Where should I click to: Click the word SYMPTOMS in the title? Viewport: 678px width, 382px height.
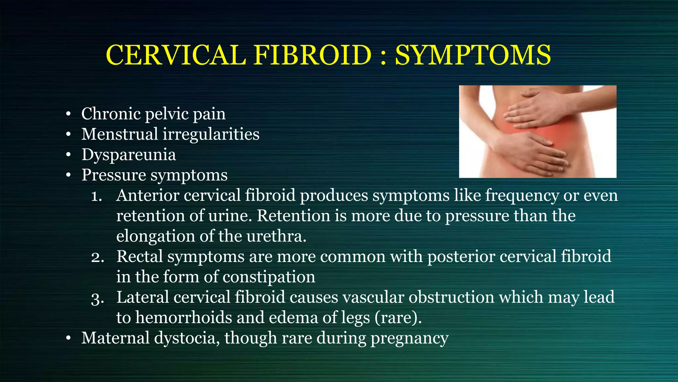pyautogui.click(x=473, y=55)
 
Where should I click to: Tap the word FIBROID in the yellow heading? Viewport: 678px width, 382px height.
pyautogui.click(x=313, y=55)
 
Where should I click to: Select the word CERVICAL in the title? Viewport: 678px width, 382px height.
pyautogui.click(x=176, y=55)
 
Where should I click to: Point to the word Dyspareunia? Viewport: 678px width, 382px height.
pyautogui.click(x=129, y=155)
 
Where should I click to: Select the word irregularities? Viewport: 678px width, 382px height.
pyautogui.click(x=211, y=135)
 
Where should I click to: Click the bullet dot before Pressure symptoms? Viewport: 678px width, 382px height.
pyautogui.click(x=68, y=175)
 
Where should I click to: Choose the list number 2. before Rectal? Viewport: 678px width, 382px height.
pyautogui.click(x=97, y=257)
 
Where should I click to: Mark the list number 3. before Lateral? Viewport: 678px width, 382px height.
pyautogui.click(x=97, y=298)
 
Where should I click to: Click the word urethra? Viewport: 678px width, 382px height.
pyautogui.click(x=276, y=236)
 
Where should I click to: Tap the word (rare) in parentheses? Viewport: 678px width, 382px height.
pyautogui.click(x=398, y=318)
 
